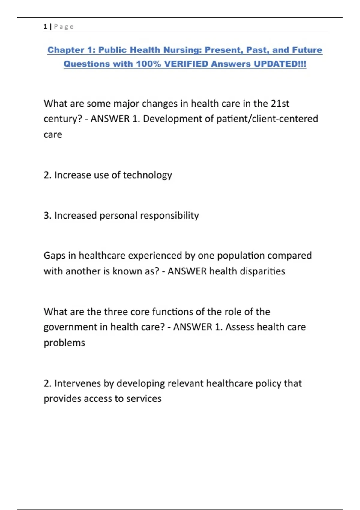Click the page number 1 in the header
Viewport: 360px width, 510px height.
[45, 27]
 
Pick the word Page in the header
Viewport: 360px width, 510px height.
[64, 27]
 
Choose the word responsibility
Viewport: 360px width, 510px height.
[169, 216]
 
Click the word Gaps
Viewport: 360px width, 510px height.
[55, 256]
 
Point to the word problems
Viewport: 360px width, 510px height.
[64, 343]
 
